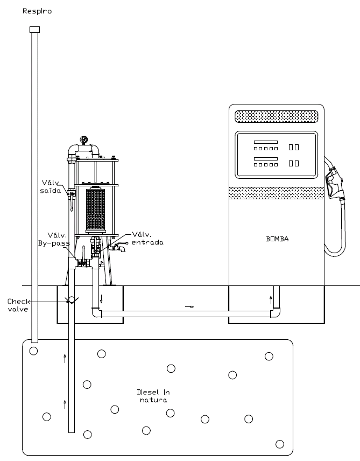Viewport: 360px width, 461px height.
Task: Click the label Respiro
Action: tap(37, 11)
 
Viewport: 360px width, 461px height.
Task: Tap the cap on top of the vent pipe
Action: tap(34, 30)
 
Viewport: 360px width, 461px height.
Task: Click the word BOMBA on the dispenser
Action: tap(277, 239)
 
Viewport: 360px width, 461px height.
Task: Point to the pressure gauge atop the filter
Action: tap(84, 139)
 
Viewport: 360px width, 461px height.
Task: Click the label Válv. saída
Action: tap(51, 187)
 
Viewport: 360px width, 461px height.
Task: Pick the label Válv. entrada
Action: tap(147, 239)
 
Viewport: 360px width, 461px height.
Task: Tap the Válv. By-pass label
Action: tap(54, 239)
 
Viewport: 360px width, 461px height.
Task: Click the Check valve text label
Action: tap(18, 305)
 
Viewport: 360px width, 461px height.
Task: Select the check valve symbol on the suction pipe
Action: tap(72, 300)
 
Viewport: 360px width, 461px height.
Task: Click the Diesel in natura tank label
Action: tap(153, 396)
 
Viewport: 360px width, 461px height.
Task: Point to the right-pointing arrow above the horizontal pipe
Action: tap(189, 306)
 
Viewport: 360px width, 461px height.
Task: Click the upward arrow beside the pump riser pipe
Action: tap(271, 300)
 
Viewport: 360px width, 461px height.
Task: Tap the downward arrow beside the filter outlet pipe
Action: tap(101, 299)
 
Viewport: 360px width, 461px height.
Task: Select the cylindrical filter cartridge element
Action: tap(95, 209)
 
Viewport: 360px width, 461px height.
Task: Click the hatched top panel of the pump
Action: tap(276, 116)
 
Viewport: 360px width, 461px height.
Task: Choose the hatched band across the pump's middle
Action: tap(277, 193)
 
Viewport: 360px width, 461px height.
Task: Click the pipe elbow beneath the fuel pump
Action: tap(276, 312)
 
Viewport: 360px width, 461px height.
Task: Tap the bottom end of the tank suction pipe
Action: tap(72, 432)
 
